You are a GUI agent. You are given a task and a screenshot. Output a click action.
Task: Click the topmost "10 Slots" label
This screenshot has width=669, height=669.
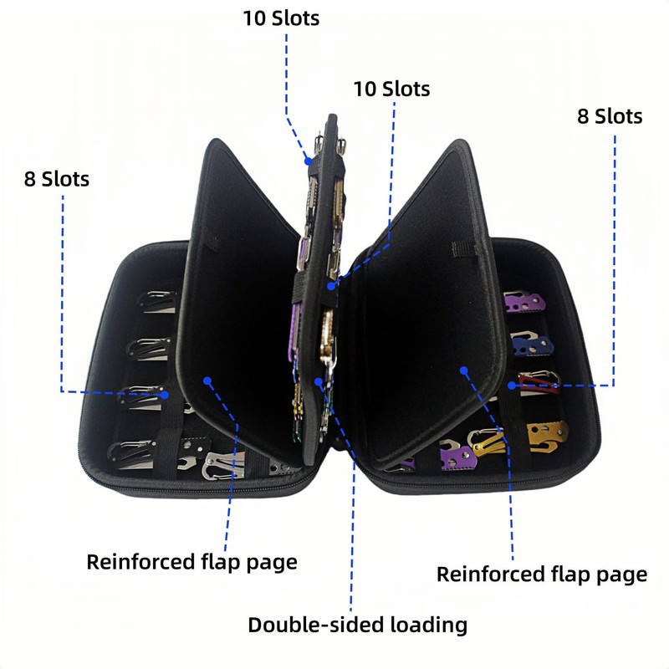pos(281,18)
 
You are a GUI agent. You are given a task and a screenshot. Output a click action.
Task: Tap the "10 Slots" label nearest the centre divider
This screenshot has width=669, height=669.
pos(391,89)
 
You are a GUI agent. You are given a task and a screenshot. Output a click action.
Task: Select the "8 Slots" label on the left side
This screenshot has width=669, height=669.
pos(57,179)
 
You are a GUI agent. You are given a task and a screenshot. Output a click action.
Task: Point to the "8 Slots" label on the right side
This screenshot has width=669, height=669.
pos(610,116)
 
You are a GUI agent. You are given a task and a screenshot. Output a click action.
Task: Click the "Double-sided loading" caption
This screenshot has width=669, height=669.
pos(356,624)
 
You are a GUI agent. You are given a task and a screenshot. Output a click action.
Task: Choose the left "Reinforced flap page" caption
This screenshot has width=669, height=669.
pos(192,561)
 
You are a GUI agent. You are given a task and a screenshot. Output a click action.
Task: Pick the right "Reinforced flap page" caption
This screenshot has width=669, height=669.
pos(542,575)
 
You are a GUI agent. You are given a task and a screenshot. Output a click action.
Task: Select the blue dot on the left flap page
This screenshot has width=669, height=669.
pos(207,381)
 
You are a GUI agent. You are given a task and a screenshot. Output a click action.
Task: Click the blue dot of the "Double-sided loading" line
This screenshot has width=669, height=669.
pos(319,383)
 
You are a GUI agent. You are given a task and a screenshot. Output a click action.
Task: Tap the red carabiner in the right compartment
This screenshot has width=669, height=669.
pos(539,382)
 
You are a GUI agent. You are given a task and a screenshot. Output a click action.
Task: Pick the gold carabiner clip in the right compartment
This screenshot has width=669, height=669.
pos(488,442)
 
